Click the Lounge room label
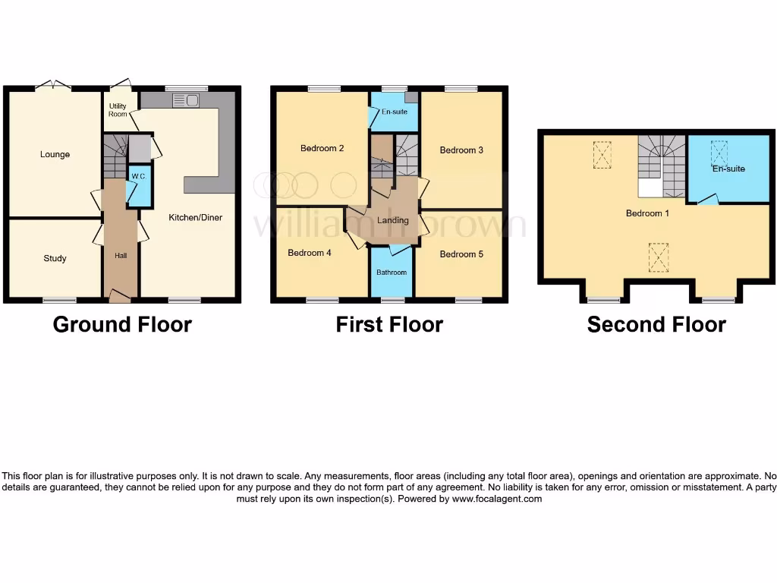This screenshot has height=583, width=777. tap(55, 154)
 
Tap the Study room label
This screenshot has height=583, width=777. tap(55, 258)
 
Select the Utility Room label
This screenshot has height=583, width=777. tap(118, 110)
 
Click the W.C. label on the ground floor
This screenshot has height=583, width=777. tap(137, 177)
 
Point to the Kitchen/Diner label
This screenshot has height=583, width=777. tap(195, 217)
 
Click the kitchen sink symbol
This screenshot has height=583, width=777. tap(185, 100)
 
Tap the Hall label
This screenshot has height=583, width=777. tap(121, 256)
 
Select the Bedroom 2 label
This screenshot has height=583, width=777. tap(322, 148)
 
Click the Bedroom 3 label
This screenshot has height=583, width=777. tap(461, 150)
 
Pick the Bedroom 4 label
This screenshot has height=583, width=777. tap(309, 253)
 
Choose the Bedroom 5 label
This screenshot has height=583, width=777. tap(461, 254)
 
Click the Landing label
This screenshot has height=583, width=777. tap(393, 220)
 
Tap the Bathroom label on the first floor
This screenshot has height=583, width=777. tap(392, 273)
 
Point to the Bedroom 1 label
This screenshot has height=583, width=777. tap(647, 213)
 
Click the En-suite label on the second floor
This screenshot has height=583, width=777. tap(728, 169)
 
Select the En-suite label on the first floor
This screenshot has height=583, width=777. tap(395, 112)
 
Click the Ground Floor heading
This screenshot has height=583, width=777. tap(122, 325)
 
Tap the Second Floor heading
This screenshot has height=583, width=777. tap(656, 325)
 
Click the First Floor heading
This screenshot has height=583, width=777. tap(389, 325)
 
